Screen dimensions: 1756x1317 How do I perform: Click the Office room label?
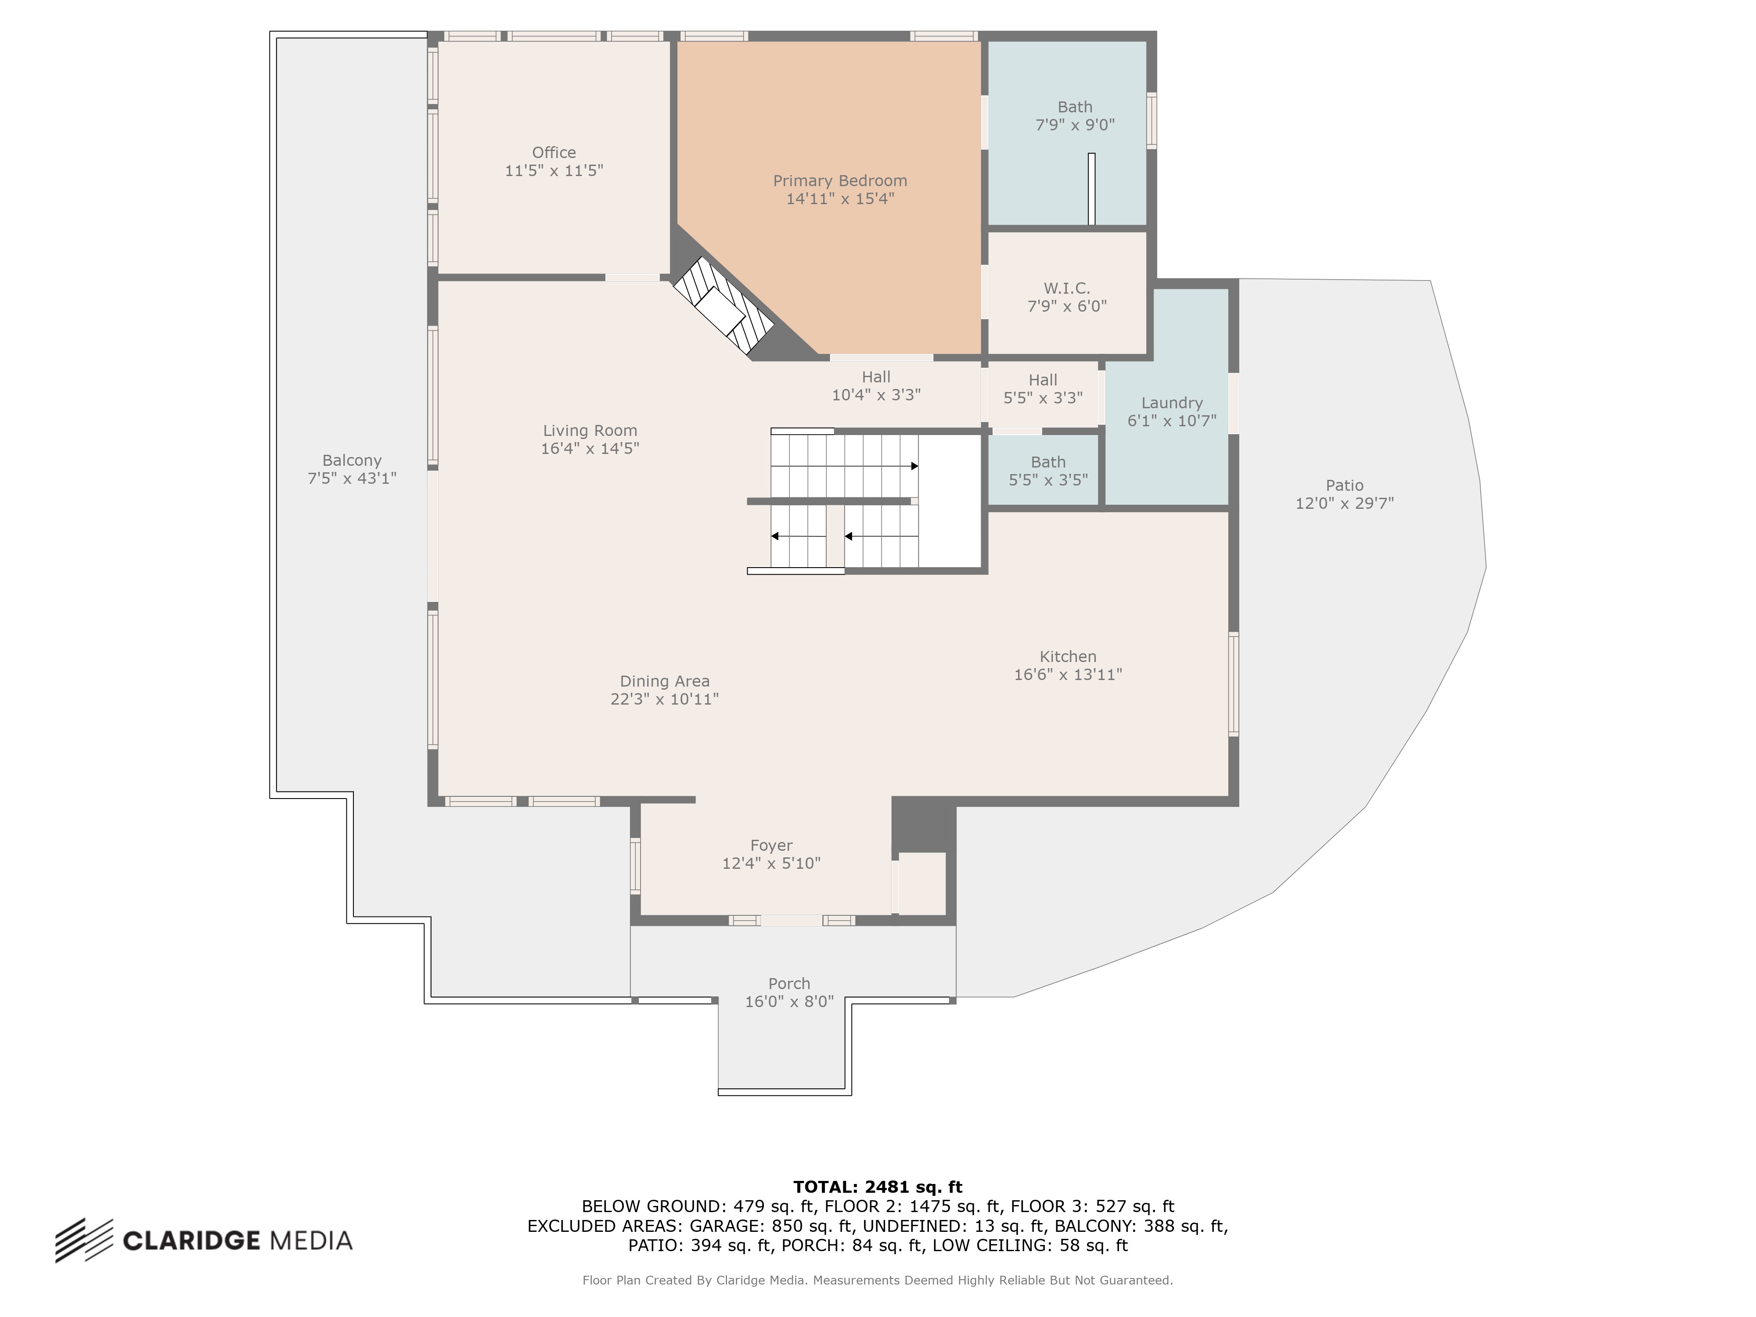554,152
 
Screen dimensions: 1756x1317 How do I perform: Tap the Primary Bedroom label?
840,181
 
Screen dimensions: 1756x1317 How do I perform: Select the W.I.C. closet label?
1067,288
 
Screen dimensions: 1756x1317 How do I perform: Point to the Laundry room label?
1172,403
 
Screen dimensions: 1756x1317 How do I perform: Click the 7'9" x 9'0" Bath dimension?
1075,125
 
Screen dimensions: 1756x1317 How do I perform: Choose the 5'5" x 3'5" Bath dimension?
1048,479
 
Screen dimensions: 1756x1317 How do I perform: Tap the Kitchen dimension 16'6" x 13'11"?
1068,674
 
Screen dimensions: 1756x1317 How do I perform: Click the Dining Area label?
665,681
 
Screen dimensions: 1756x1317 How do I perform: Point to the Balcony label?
352,461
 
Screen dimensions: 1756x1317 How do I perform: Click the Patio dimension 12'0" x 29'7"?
1344,503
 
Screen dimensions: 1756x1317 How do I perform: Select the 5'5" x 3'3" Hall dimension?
1043,398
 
